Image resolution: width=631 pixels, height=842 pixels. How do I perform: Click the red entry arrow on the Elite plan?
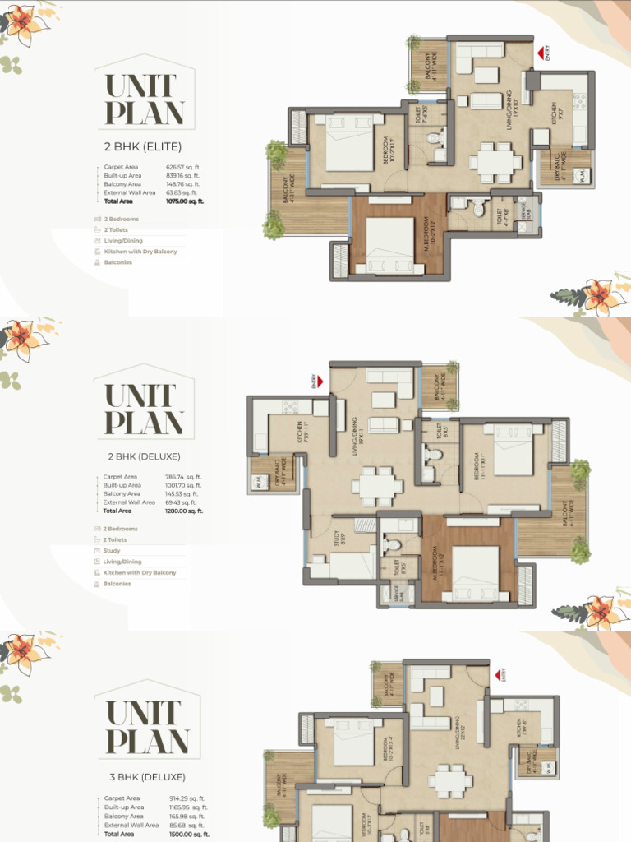coord(541,53)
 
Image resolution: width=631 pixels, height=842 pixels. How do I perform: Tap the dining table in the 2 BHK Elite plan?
coord(495,161)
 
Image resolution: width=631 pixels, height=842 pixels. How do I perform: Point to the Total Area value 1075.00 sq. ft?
coord(184,201)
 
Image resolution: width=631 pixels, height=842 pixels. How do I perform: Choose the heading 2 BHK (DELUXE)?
coord(144,456)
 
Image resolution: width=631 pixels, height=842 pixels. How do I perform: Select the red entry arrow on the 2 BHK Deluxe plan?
coord(315,381)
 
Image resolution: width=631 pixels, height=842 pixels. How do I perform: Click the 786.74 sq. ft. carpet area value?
coord(183,477)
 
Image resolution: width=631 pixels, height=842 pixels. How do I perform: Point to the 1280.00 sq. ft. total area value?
coord(184,511)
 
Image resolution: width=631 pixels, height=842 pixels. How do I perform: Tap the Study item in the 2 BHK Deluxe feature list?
coord(112,551)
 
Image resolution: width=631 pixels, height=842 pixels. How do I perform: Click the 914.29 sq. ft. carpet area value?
coord(185,798)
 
